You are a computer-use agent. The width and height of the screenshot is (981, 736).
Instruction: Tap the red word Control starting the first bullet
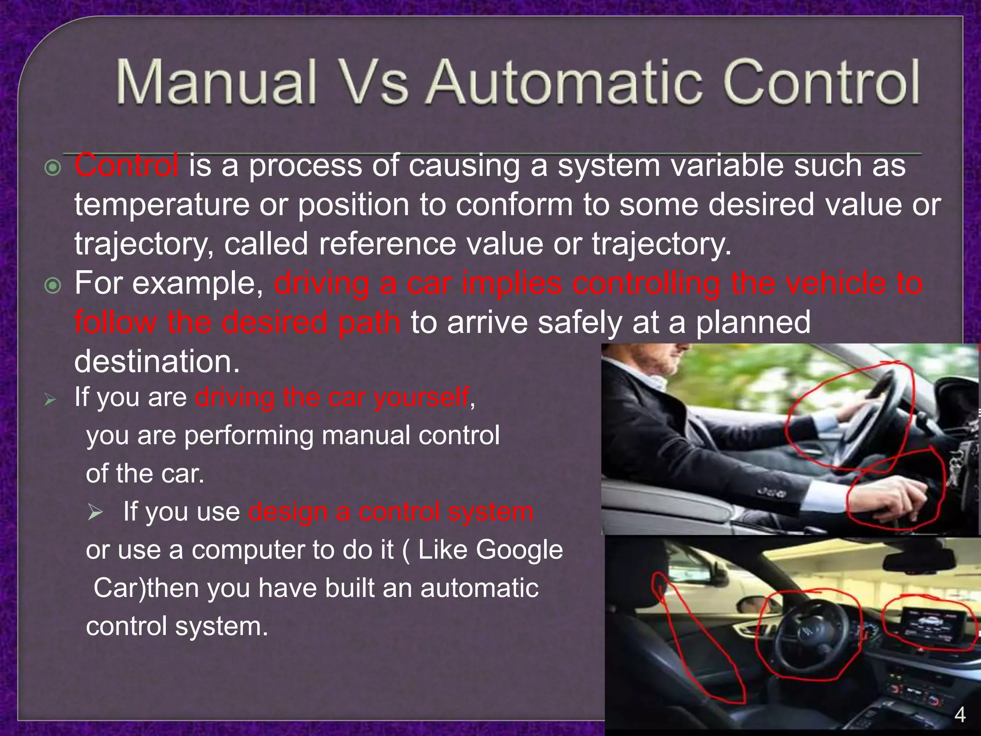tap(126, 166)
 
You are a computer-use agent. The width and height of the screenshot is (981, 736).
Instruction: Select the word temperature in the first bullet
tap(162, 205)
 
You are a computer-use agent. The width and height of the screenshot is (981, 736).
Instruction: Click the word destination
tap(157, 361)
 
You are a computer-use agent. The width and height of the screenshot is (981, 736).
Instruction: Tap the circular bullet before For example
tap(53, 286)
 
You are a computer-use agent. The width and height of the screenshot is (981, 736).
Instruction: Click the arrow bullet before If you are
tap(50, 399)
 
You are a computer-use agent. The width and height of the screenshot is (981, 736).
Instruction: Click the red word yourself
tap(421, 397)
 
